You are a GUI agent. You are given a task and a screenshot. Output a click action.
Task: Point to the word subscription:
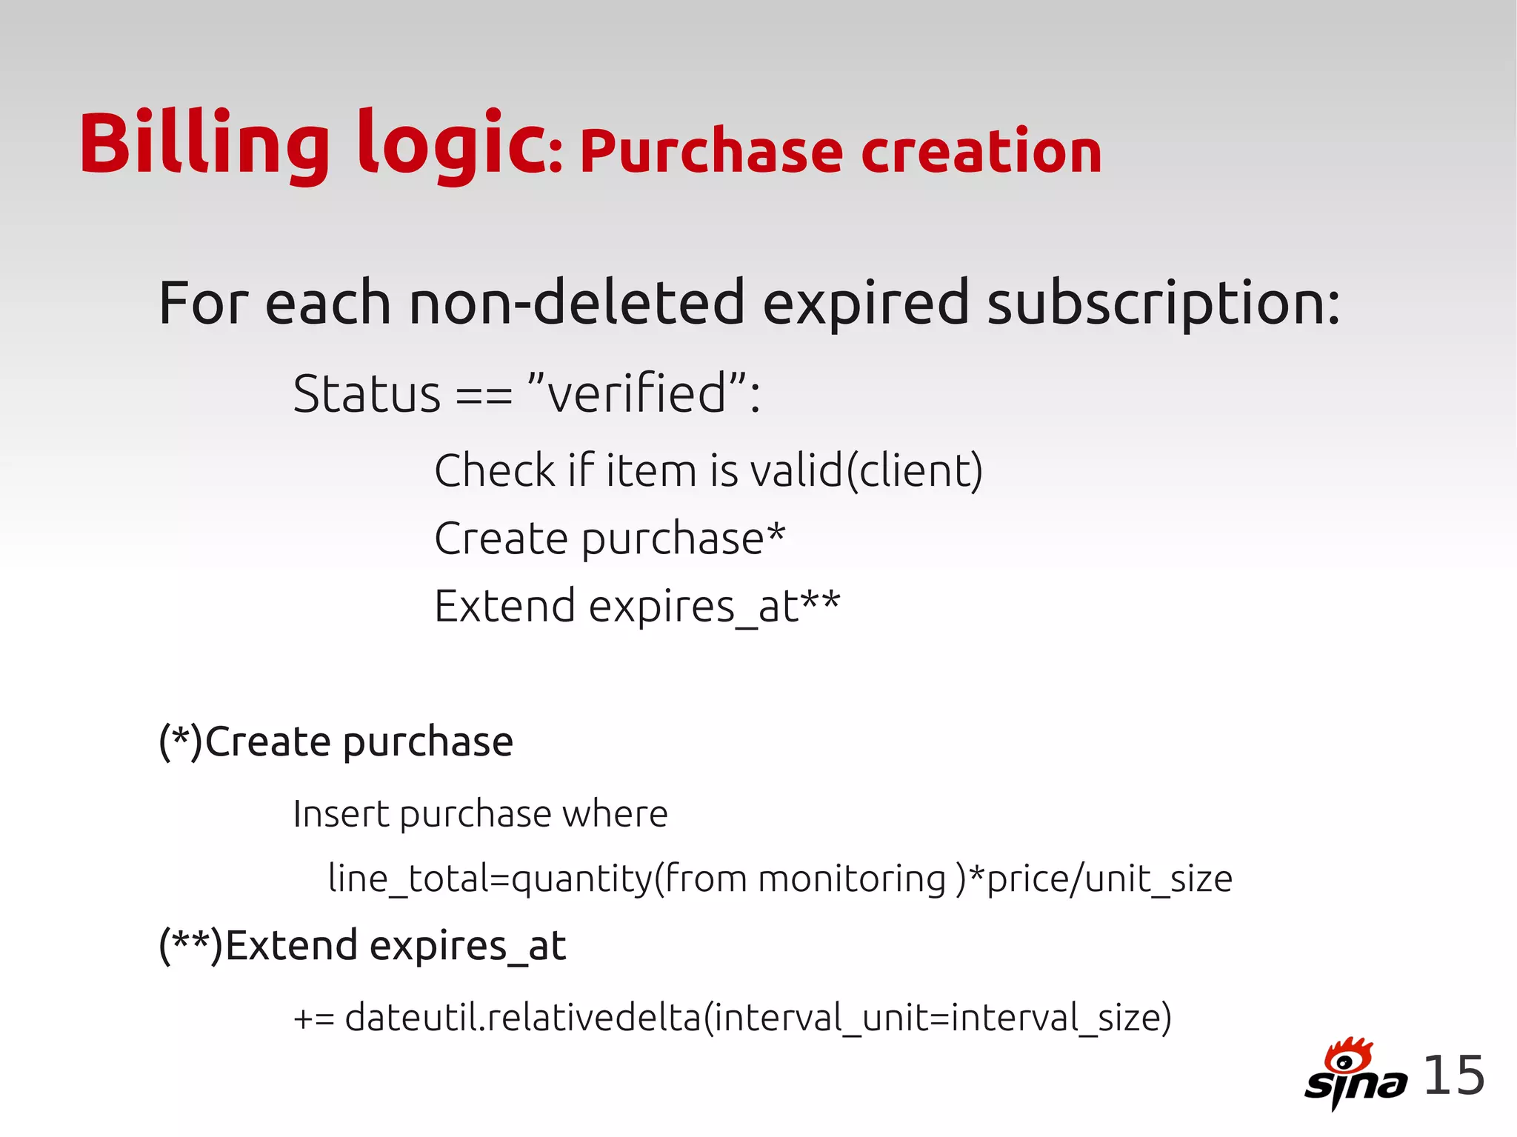[x=1163, y=304]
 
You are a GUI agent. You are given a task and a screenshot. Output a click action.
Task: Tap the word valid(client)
[x=867, y=470]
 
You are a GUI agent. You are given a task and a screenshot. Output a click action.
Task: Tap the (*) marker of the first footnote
[x=180, y=741]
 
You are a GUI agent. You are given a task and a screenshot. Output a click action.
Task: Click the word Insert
[x=341, y=814]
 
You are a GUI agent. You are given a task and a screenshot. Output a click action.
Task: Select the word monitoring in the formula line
[x=852, y=879]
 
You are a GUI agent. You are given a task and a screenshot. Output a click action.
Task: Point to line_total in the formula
[x=407, y=879]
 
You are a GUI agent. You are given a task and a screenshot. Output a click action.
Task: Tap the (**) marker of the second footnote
[x=190, y=946]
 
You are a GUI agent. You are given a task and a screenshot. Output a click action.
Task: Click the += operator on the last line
[x=313, y=1018]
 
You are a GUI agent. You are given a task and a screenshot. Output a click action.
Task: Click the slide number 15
[x=1454, y=1076]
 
